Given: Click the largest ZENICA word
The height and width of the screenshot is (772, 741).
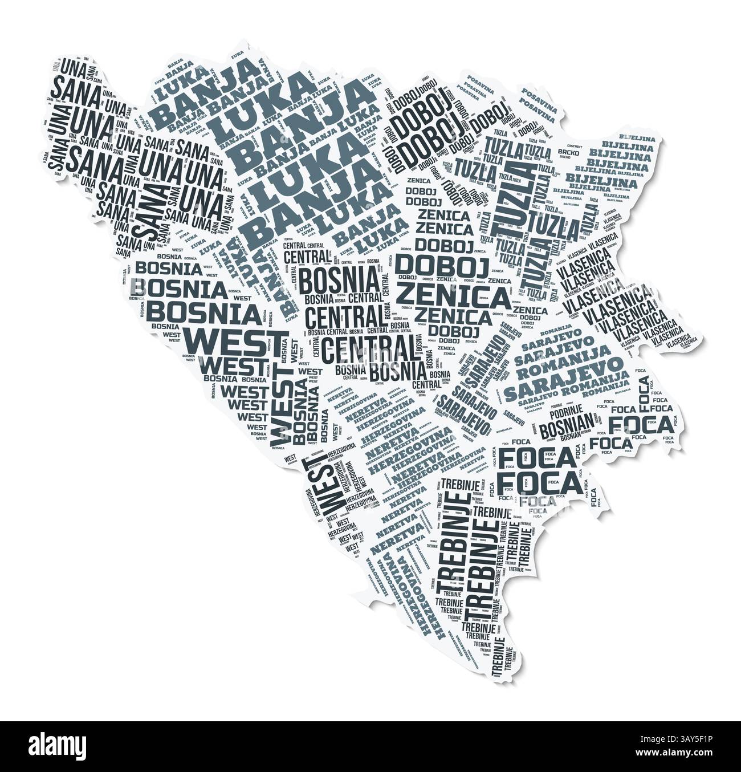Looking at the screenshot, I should (x=453, y=296).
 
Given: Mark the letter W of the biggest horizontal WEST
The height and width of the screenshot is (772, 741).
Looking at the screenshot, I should (x=199, y=343).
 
